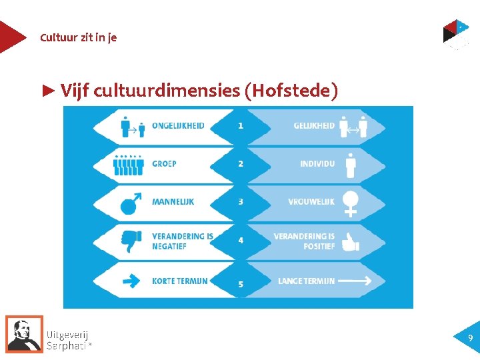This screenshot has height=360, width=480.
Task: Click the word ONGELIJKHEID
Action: point(178,125)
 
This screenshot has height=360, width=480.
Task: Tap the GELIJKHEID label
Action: point(314,125)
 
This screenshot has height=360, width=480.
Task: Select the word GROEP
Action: point(164,163)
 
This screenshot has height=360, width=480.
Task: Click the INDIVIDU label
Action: point(317,163)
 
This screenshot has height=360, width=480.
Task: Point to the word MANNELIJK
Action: point(173,201)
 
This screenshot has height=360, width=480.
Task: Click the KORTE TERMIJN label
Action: point(179,281)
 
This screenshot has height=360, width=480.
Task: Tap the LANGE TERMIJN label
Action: point(306,281)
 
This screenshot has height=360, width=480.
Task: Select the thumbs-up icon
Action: point(350,242)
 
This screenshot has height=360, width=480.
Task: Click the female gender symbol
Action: point(351,203)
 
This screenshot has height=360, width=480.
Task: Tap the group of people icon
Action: point(129,165)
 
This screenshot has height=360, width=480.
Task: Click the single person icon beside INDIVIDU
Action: point(351,165)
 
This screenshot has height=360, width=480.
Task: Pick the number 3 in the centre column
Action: point(240,201)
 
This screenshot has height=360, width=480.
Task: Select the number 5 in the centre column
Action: point(240,285)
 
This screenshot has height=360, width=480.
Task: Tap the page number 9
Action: point(470,338)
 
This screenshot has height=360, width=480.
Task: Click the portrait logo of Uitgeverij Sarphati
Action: point(25,333)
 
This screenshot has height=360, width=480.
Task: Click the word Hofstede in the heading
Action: point(291,91)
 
